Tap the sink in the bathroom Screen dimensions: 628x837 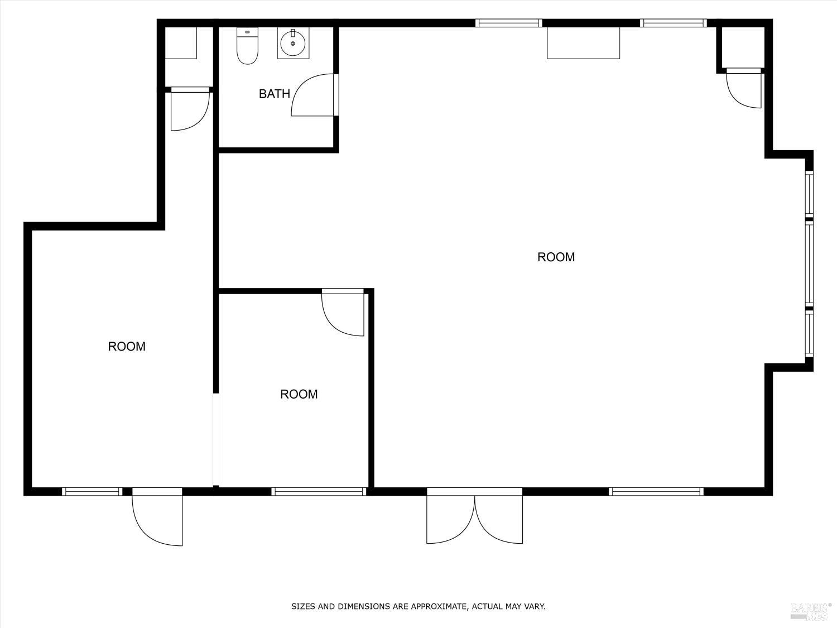tap(292, 44)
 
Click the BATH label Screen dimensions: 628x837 tap(274, 94)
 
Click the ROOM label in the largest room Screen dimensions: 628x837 tap(556, 257)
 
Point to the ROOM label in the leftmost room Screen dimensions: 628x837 tap(127, 346)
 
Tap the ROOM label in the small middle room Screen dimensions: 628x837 tap(299, 394)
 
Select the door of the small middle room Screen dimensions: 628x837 tap(343, 314)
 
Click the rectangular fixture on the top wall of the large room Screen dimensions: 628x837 tap(583, 43)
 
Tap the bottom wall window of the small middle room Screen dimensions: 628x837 tap(319, 492)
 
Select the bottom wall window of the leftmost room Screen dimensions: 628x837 tap(92, 492)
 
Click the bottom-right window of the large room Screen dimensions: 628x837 tap(656, 492)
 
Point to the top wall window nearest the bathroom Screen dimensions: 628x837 tap(508, 23)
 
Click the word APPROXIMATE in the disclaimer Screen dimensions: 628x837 tap(437, 606)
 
